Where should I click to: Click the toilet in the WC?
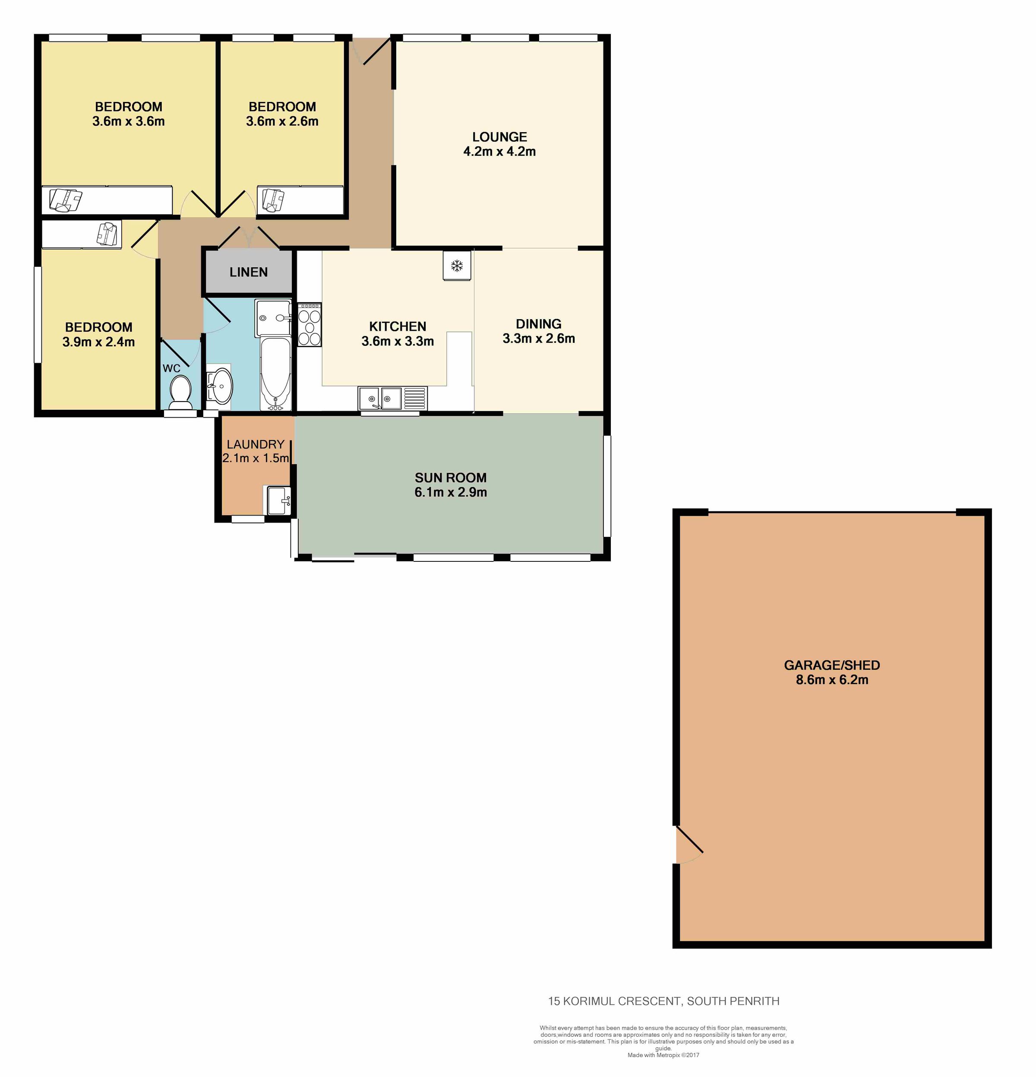pyautogui.click(x=180, y=393)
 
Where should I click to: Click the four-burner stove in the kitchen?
pyautogui.click(x=309, y=325)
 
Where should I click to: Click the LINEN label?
pyautogui.click(x=249, y=272)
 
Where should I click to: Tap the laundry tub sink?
pyautogui.click(x=278, y=500)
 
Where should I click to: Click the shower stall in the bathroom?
pyautogui.click(x=273, y=317)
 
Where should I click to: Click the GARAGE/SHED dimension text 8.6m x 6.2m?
pyautogui.click(x=832, y=680)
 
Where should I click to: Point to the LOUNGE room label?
pyautogui.click(x=499, y=137)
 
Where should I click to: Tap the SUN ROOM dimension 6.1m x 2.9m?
pyautogui.click(x=450, y=492)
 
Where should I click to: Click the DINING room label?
pyautogui.click(x=538, y=324)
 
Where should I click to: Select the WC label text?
pyautogui.click(x=172, y=368)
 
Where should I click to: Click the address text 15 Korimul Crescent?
pyautogui.click(x=614, y=1001)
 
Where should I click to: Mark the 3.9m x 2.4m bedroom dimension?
pyautogui.click(x=98, y=342)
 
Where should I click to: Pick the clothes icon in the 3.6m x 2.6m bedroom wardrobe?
pyautogui.click(x=273, y=200)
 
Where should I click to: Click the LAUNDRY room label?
pyautogui.click(x=256, y=444)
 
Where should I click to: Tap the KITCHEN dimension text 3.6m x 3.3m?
pyautogui.click(x=398, y=341)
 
